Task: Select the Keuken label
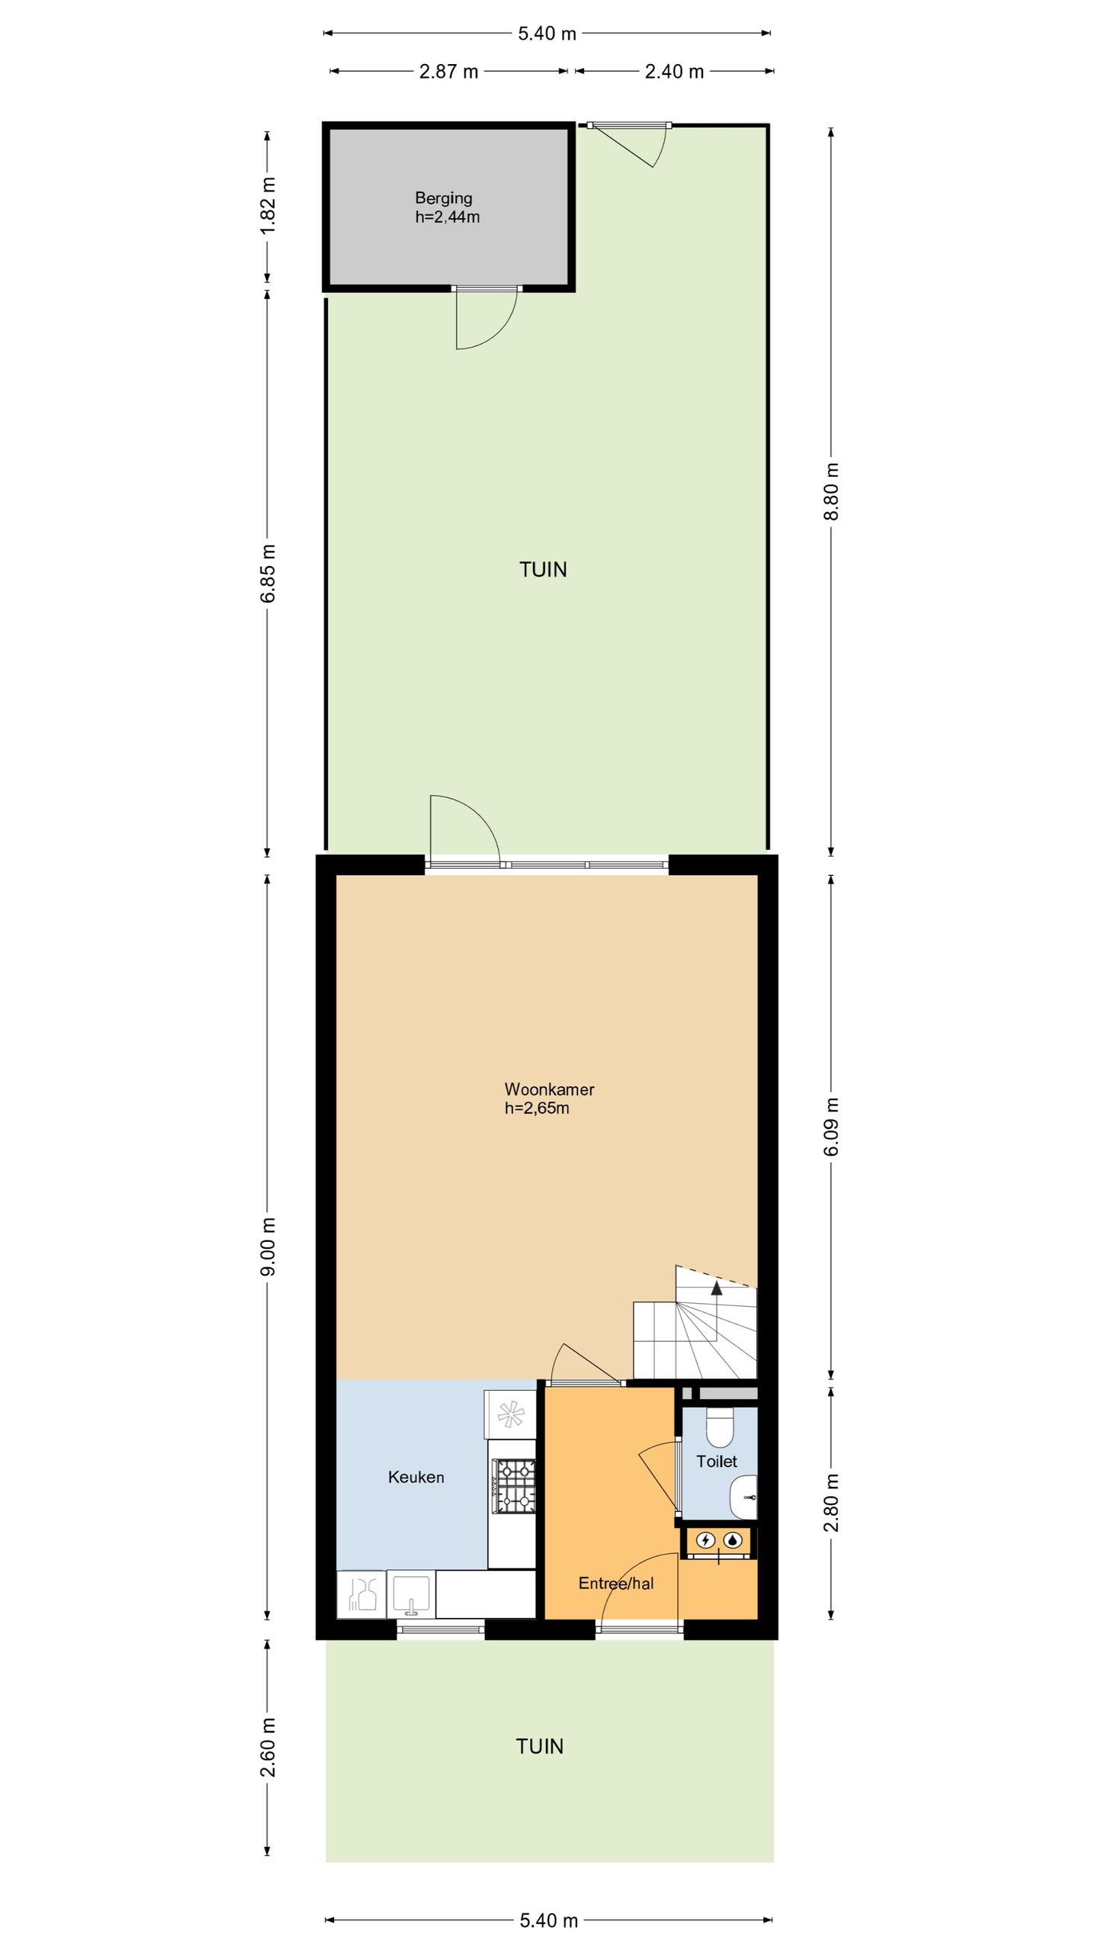point(416,1477)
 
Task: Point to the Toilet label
point(717,1461)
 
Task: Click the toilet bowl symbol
point(720,1427)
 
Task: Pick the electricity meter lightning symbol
point(706,1540)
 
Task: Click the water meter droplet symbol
point(733,1540)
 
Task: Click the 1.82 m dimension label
point(268,206)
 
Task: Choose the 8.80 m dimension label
point(831,491)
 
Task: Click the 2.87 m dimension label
point(449,72)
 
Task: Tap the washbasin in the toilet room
point(743,1497)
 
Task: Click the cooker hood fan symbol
point(511,1414)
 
